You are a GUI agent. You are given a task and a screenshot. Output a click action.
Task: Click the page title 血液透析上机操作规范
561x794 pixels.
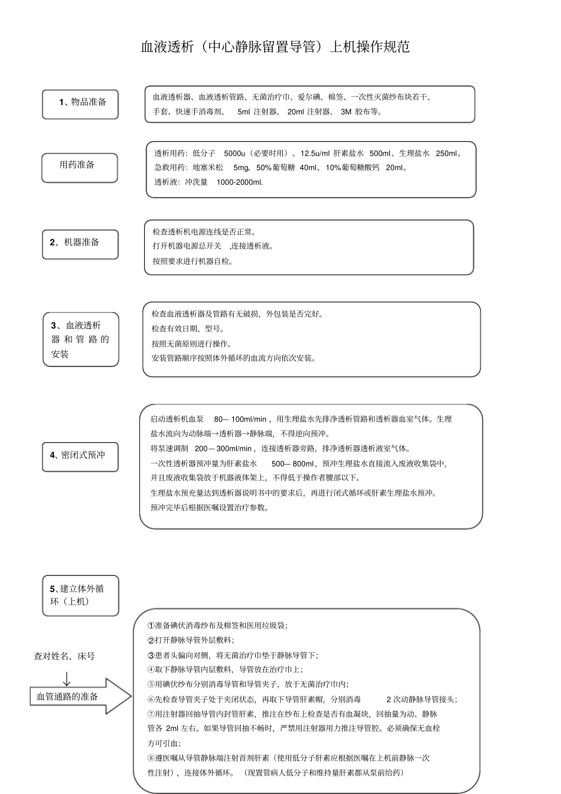[x=275, y=47]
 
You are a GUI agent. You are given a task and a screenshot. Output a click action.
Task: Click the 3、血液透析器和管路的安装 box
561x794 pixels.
[x=80, y=339]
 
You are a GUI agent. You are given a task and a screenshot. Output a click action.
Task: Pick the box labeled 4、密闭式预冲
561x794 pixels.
[x=80, y=456]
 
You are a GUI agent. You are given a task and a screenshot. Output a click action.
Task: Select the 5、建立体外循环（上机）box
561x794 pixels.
[x=80, y=595]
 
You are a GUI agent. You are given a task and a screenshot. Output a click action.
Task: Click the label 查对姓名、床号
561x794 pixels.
[x=64, y=656]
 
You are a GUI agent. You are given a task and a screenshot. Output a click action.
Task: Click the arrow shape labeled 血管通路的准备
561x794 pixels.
[x=79, y=697]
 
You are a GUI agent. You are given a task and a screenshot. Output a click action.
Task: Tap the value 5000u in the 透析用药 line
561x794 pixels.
[x=237, y=153]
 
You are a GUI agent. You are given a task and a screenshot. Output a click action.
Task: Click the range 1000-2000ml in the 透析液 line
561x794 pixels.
[x=240, y=182]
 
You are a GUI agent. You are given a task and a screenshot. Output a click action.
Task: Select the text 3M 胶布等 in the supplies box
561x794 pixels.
[x=361, y=112]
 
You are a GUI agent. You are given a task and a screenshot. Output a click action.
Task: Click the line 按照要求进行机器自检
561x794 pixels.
[x=193, y=261]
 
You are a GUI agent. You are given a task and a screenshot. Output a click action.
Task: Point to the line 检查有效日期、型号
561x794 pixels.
[x=188, y=329]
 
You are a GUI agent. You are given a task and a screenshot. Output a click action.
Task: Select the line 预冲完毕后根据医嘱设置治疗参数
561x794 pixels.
[x=210, y=508]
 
